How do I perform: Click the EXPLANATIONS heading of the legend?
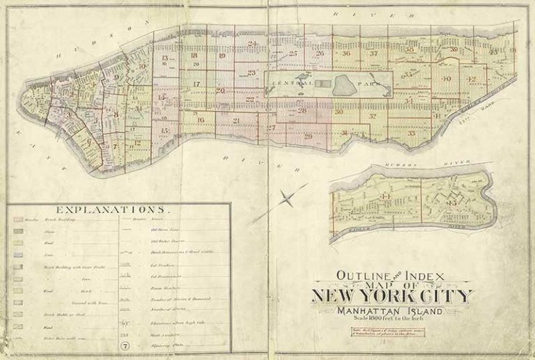[x=111, y=209]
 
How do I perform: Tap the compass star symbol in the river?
[x=286, y=199]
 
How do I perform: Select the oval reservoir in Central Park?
[x=343, y=86]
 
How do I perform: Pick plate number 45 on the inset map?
[x=451, y=203]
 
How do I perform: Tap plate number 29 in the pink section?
[x=308, y=136]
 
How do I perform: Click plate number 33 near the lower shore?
[x=412, y=133]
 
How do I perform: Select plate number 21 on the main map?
[x=236, y=121]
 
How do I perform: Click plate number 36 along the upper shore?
[x=346, y=54]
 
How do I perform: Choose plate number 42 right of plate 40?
[x=471, y=79]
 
